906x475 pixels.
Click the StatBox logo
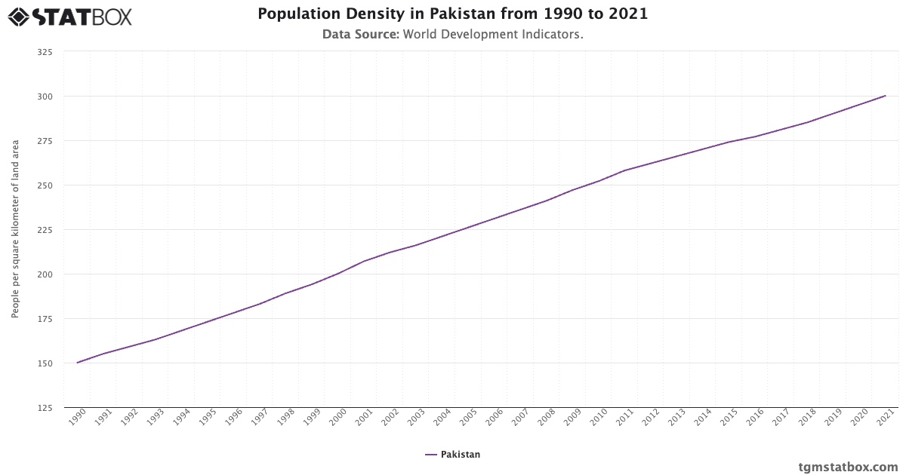(70, 16)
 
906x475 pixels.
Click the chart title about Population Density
(452, 14)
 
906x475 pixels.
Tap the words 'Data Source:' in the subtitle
(360, 35)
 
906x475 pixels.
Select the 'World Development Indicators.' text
(493, 35)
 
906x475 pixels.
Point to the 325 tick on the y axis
(45, 52)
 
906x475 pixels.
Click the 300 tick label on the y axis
(45, 97)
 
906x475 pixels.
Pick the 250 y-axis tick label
(45, 185)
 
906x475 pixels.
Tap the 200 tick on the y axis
(45, 274)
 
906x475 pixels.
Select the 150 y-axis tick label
(45, 363)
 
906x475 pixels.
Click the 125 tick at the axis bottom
(45, 408)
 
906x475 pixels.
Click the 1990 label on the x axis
(77, 418)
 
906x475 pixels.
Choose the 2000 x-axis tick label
(337, 418)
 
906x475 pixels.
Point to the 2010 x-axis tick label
(599, 418)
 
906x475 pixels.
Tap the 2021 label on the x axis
(886, 418)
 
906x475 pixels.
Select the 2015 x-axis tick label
(729, 418)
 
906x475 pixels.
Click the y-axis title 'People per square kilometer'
(15, 229)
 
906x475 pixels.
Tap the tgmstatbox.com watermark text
(848, 467)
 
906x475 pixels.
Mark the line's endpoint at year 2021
(885, 96)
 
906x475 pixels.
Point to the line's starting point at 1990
(77, 363)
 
